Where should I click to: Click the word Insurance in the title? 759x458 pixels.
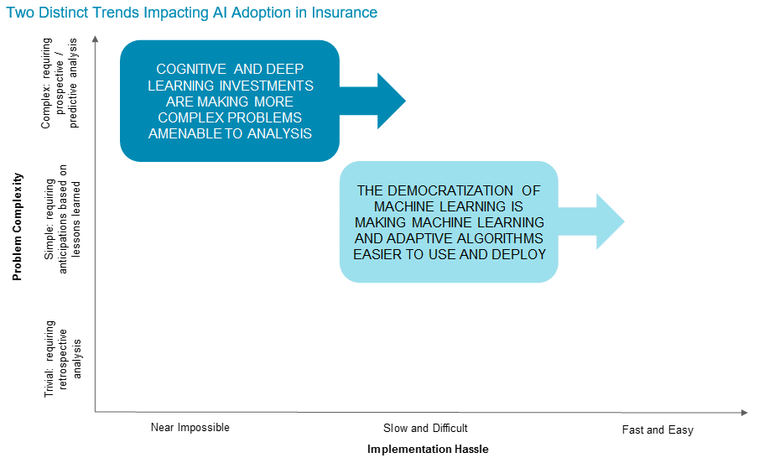(344, 12)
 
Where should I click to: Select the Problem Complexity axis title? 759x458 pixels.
(17, 226)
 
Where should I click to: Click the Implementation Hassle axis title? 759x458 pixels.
(428, 450)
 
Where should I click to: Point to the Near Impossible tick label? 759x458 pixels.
(190, 428)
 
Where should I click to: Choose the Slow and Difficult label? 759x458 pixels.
(425, 428)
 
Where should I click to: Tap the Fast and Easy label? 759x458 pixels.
(658, 430)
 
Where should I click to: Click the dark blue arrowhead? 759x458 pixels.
(391, 101)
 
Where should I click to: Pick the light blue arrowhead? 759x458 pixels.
(610, 221)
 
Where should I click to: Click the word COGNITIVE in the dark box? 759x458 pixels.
(191, 70)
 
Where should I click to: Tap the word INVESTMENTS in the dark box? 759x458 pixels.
(266, 86)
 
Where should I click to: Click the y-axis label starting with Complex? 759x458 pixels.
(60, 83)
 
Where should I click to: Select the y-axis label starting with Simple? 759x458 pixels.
(62, 219)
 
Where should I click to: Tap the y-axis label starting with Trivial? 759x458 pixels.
(62, 359)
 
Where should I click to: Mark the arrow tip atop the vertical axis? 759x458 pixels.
(96, 36)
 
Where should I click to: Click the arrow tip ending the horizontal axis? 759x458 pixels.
(748, 413)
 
